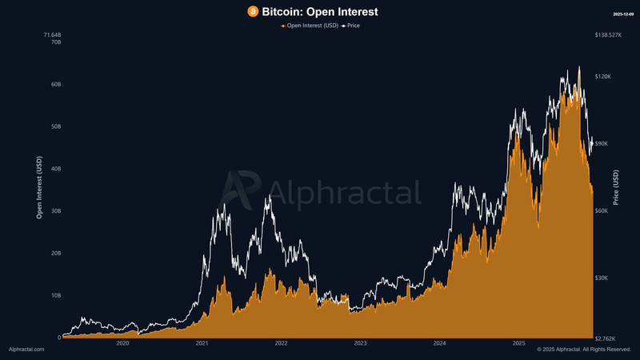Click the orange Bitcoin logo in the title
[x=253, y=12]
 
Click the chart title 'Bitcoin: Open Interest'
[x=320, y=12]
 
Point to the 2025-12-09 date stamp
[x=623, y=14]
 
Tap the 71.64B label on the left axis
[x=51, y=35]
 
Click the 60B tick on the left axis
[x=55, y=84]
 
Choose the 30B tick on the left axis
[x=55, y=211]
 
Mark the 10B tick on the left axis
[x=55, y=295]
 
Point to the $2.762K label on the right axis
[x=608, y=337]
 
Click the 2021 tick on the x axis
[x=202, y=343]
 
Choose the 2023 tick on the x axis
[x=360, y=343]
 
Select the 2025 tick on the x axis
[x=518, y=343]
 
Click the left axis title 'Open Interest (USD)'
[x=40, y=188]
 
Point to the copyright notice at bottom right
[x=584, y=350]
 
